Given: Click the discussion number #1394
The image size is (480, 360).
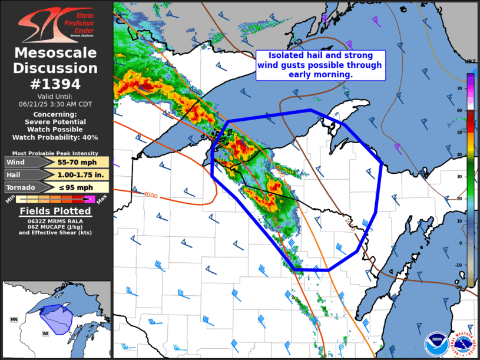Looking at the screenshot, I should coord(56,84).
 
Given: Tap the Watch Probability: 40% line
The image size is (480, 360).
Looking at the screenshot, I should coord(56,137).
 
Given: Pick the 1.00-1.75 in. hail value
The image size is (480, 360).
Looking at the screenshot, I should coord(72,175).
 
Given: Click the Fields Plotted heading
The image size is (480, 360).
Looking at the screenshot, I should coord(55,211).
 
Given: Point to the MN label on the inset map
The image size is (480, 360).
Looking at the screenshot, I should coord(14,319).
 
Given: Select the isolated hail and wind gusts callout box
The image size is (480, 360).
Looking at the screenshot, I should coord(319,65).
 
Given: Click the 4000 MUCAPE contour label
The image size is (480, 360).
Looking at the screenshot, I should coord(150,195).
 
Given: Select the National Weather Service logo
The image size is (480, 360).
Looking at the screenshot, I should coord(463,344).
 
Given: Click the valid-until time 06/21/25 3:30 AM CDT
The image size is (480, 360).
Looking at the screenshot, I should coord(56,103).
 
